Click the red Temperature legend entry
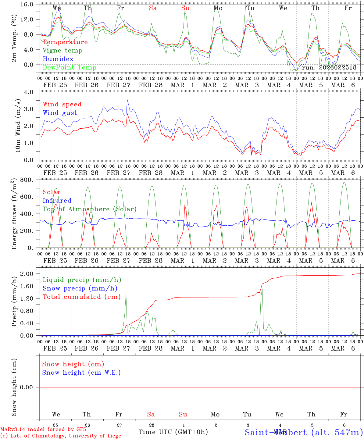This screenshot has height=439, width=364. pyautogui.click(x=65, y=42)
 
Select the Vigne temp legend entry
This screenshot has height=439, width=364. pyautogui.click(x=62, y=51)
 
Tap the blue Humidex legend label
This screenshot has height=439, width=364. pyautogui.click(x=58, y=59)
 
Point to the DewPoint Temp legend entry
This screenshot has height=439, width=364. pyautogui.click(x=70, y=68)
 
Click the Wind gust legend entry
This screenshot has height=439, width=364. pyautogui.click(x=60, y=113)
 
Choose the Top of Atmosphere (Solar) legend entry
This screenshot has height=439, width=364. pyautogui.click(x=90, y=209)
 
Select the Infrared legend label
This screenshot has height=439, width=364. pyautogui.click(x=57, y=201)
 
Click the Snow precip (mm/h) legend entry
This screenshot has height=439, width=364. pyautogui.click(x=80, y=288)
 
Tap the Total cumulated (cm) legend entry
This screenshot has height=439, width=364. pyautogui.click(x=82, y=297)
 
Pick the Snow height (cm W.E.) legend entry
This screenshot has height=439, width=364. pyautogui.click(x=81, y=373)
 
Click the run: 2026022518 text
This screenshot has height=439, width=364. pyautogui.click(x=329, y=68)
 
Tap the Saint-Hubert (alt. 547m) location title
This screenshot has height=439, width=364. pyautogui.click(x=304, y=432)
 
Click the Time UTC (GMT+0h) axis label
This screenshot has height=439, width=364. pyautogui.click(x=173, y=432)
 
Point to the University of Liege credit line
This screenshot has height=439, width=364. pyautogui.click(x=61, y=436)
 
